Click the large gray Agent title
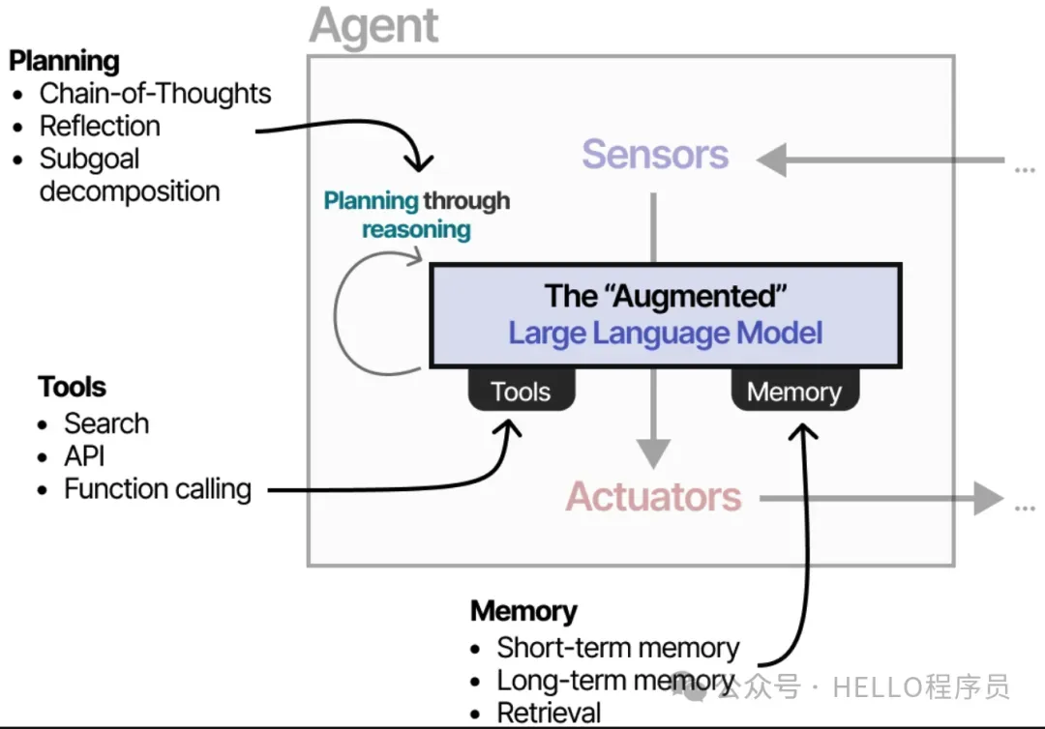pyautogui.click(x=373, y=27)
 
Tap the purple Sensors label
pyautogui.click(x=655, y=155)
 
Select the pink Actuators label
pyautogui.click(x=653, y=497)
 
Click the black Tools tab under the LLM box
pyautogui.click(x=521, y=392)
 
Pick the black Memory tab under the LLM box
pyautogui.click(x=793, y=392)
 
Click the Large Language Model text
pyautogui.click(x=666, y=334)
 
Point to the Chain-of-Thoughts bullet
pyautogui.click(x=155, y=94)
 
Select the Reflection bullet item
pyautogui.click(x=100, y=127)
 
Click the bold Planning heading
pyautogui.click(x=64, y=61)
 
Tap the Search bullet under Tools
pyautogui.click(x=106, y=424)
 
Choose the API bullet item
pyautogui.click(x=84, y=456)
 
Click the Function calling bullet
pyautogui.click(x=158, y=489)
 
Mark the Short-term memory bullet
pyautogui.click(x=617, y=648)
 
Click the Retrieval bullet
pyautogui.click(x=549, y=714)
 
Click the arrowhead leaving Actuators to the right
pyautogui.click(x=987, y=499)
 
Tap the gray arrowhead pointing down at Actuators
pyautogui.click(x=654, y=452)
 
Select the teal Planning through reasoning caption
pyautogui.click(x=416, y=216)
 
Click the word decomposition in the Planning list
pyautogui.click(x=130, y=191)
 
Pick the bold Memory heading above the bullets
pyautogui.click(x=523, y=612)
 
